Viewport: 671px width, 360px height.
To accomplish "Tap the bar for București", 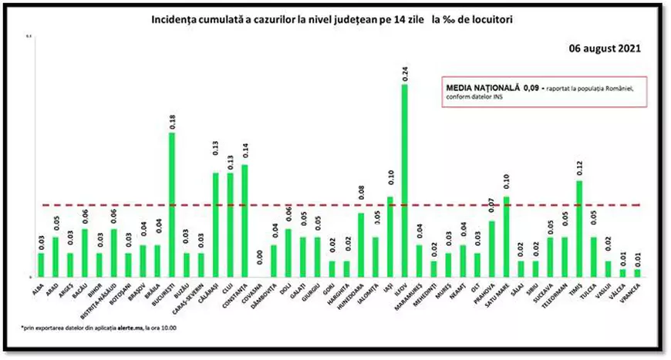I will coord(171,204).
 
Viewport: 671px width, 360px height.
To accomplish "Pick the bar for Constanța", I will coord(244,220).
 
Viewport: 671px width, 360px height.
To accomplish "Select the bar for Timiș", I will coord(579,228).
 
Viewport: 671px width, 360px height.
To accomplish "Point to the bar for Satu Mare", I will coord(506,236).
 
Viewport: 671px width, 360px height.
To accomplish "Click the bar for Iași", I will coord(389,236).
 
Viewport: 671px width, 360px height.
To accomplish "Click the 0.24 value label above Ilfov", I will coord(404,74).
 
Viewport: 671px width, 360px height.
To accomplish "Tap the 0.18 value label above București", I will coord(171,122).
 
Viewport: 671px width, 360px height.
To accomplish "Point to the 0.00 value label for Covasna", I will coord(259,258).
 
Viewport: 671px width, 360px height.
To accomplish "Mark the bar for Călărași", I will coord(215,224).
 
